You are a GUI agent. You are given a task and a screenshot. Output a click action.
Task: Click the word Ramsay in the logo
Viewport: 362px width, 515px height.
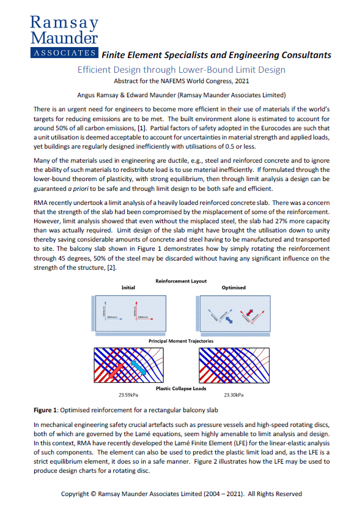pos(64,23)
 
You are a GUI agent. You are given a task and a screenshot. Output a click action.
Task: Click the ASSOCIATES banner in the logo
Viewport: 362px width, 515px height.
pos(64,53)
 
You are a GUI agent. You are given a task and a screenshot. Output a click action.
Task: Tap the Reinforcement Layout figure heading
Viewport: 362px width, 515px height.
pos(181,280)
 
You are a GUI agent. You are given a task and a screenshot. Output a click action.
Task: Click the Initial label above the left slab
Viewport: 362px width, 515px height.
pos(128,287)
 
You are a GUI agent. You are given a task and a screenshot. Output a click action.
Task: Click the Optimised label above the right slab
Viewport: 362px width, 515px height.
pos(233,287)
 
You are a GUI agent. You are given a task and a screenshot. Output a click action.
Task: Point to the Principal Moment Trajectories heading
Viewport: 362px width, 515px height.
pos(181,340)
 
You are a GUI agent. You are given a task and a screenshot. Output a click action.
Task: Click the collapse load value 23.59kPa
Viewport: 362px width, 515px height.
pos(128,395)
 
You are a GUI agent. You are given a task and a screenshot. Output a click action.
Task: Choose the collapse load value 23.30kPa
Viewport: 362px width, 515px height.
pos(233,395)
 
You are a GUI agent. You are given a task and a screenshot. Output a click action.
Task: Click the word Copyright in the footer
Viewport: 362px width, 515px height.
pos(79,494)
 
